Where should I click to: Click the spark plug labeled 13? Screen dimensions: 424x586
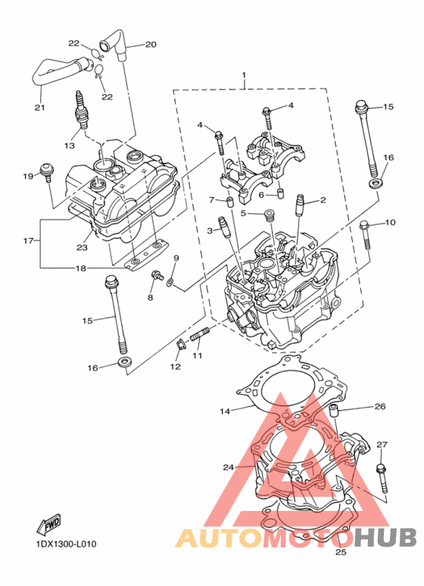pyautogui.click(x=81, y=110)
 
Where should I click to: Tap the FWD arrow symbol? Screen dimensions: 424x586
pyautogui.click(x=48, y=525)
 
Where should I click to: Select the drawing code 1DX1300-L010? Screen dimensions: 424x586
pyautogui.click(x=66, y=544)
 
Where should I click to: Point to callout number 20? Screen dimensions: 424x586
pyautogui.click(x=151, y=45)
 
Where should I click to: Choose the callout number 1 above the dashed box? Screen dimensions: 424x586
pyautogui.click(x=244, y=75)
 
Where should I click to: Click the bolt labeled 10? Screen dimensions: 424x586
pyautogui.click(x=365, y=236)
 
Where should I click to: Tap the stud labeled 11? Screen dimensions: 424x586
pyautogui.click(x=201, y=334)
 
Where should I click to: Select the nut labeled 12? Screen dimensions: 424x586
pyautogui.click(x=181, y=345)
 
